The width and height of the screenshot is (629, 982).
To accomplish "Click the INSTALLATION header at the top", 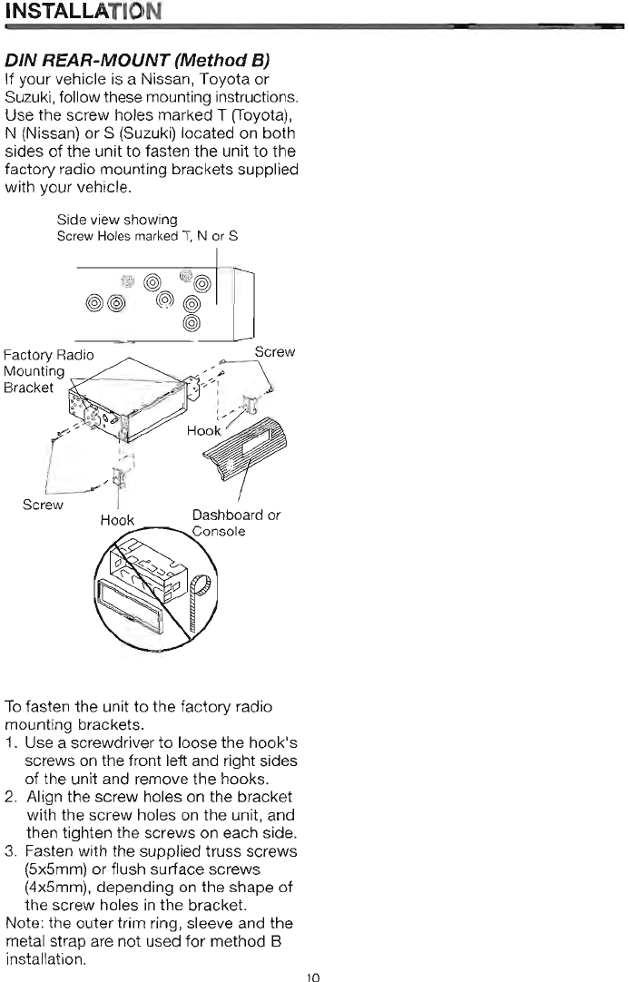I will tap(82, 12).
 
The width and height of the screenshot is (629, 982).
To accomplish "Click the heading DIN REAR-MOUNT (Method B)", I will tap(137, 62).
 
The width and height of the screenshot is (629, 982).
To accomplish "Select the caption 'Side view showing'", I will tap(116, 220).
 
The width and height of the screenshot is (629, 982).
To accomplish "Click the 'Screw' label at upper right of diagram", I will tap(274, 351).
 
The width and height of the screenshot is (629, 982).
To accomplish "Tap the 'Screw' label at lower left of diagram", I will tap(44, 505).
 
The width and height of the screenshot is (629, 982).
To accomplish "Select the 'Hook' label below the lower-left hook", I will tap(117, 520).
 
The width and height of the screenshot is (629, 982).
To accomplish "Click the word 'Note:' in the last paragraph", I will tap(23, 923).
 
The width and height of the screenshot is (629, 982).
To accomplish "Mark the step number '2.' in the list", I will tap(11, 796).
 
